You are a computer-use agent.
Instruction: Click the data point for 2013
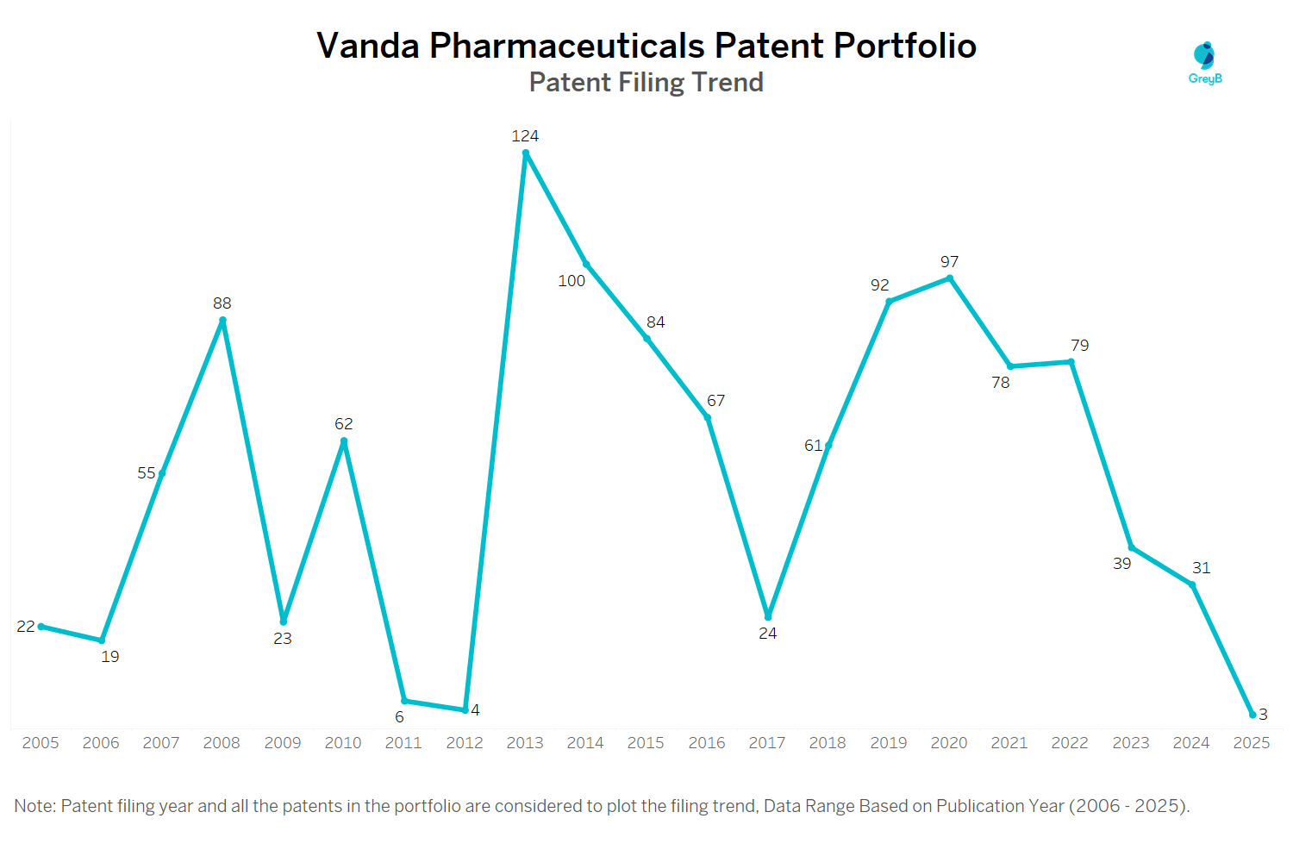tap(526, 153)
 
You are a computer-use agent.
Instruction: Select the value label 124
tap(525, 136)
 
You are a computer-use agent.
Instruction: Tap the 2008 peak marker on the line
tap(222, 321)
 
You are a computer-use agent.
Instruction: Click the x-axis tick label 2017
tap(767, 743)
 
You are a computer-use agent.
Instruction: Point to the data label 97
tap(949, 262)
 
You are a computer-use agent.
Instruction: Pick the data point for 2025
tap(1252, 715)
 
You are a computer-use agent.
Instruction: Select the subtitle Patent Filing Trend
tap(646, 83)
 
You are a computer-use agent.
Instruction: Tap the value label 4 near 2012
tap(475, 710)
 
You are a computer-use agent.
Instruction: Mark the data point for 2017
tap(768, 616)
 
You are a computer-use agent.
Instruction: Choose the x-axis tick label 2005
tap(41, 743)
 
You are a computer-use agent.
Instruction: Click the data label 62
tap(343, 424)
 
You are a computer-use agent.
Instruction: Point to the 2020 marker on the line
tap(950, 278)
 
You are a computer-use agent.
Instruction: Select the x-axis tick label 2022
tap(1070, 743)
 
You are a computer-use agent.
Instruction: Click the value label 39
tap(1121, 564)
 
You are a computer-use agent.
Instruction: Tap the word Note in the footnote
tap(34, 806)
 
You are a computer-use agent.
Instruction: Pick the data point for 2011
tap(404, 701)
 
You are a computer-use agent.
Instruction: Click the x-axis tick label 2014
tap(585, 743)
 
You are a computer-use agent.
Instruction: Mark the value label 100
tap(572, 281)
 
